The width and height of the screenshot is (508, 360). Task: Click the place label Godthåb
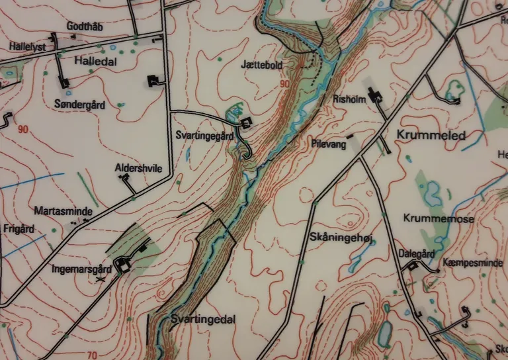[x=83, y=27]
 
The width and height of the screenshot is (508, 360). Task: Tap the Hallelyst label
[x=26, y=47]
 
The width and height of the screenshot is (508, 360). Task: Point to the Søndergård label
[x=79, y=105]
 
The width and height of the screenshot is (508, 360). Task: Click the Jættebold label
[x=262, y=66]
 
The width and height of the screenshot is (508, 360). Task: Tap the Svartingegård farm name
[x=204, y=136]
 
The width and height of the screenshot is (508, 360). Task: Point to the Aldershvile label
[x=138, y=169]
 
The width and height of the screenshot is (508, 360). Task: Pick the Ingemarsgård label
[x=80, y=269]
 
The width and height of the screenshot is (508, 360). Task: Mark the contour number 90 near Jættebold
[x=284, y=85]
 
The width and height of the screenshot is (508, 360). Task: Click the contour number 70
[x=92, y=355]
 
